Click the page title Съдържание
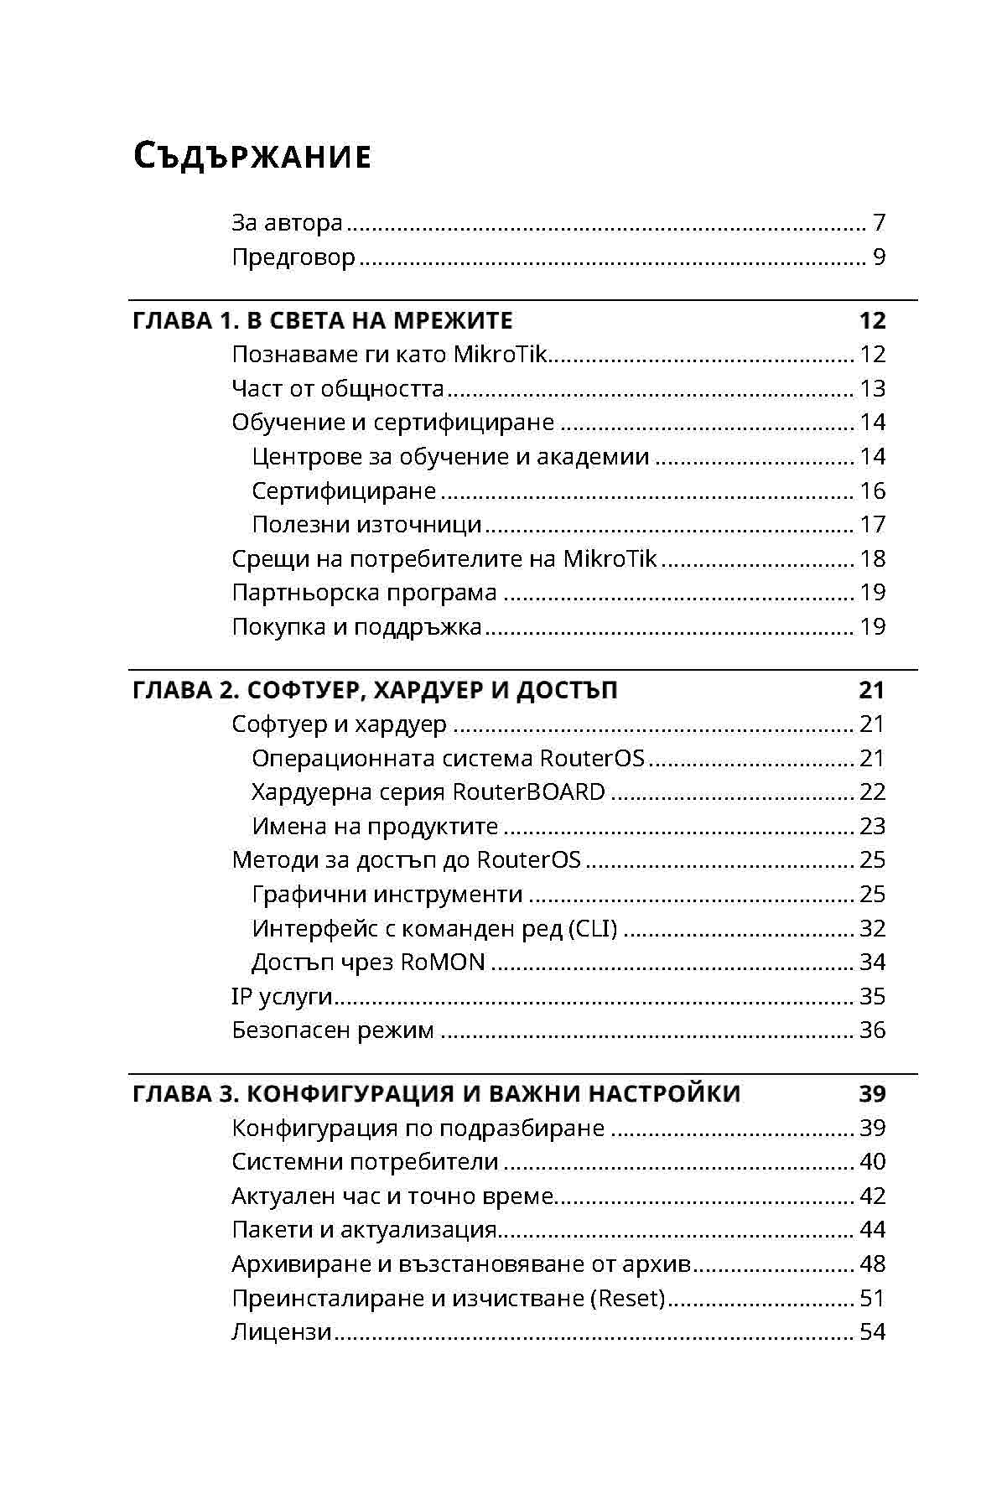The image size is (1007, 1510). pyautogui.click(x=252, y=157)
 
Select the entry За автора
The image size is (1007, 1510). pyautogui.click(x=287, y=223)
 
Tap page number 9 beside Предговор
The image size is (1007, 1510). pyautogui.click(x=879, y=257)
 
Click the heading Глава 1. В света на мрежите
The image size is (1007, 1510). pyautogui.click(x=323, y=321)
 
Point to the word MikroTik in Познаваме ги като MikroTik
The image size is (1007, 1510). pyautogui.click(x=500, y=355)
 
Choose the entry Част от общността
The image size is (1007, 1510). pyautogui.click(x=338, y=389)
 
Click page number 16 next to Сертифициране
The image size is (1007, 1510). pyautogui.click(x=872, y=490)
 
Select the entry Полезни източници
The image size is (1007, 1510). pyautogui.click(x=366, y=525)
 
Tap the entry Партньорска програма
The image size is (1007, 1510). pyautogui.click(x=364, y=593)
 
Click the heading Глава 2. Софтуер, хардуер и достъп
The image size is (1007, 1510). pyautogui.click(x=375, y=691)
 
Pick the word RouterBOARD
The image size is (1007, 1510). pyautogui.click(x=528, y=792)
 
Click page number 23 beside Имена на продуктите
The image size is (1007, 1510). pyautogui.click(x=872, y=827)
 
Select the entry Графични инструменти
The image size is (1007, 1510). pyautogui.click(x=387, y=895)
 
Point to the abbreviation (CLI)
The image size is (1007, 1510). pyautogui.click(x=593, y=929)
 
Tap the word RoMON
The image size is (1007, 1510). pyautogui.click(x=443, y=963)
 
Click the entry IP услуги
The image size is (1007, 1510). pyautogui.click(x=282, y=997)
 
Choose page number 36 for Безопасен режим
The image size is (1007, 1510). pyautogui.click(x=872, y=1030)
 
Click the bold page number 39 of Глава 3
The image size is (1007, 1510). pyautogui.click(x=872, y=1094)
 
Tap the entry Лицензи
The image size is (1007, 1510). pyautogui.click(x=282, y=1332)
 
